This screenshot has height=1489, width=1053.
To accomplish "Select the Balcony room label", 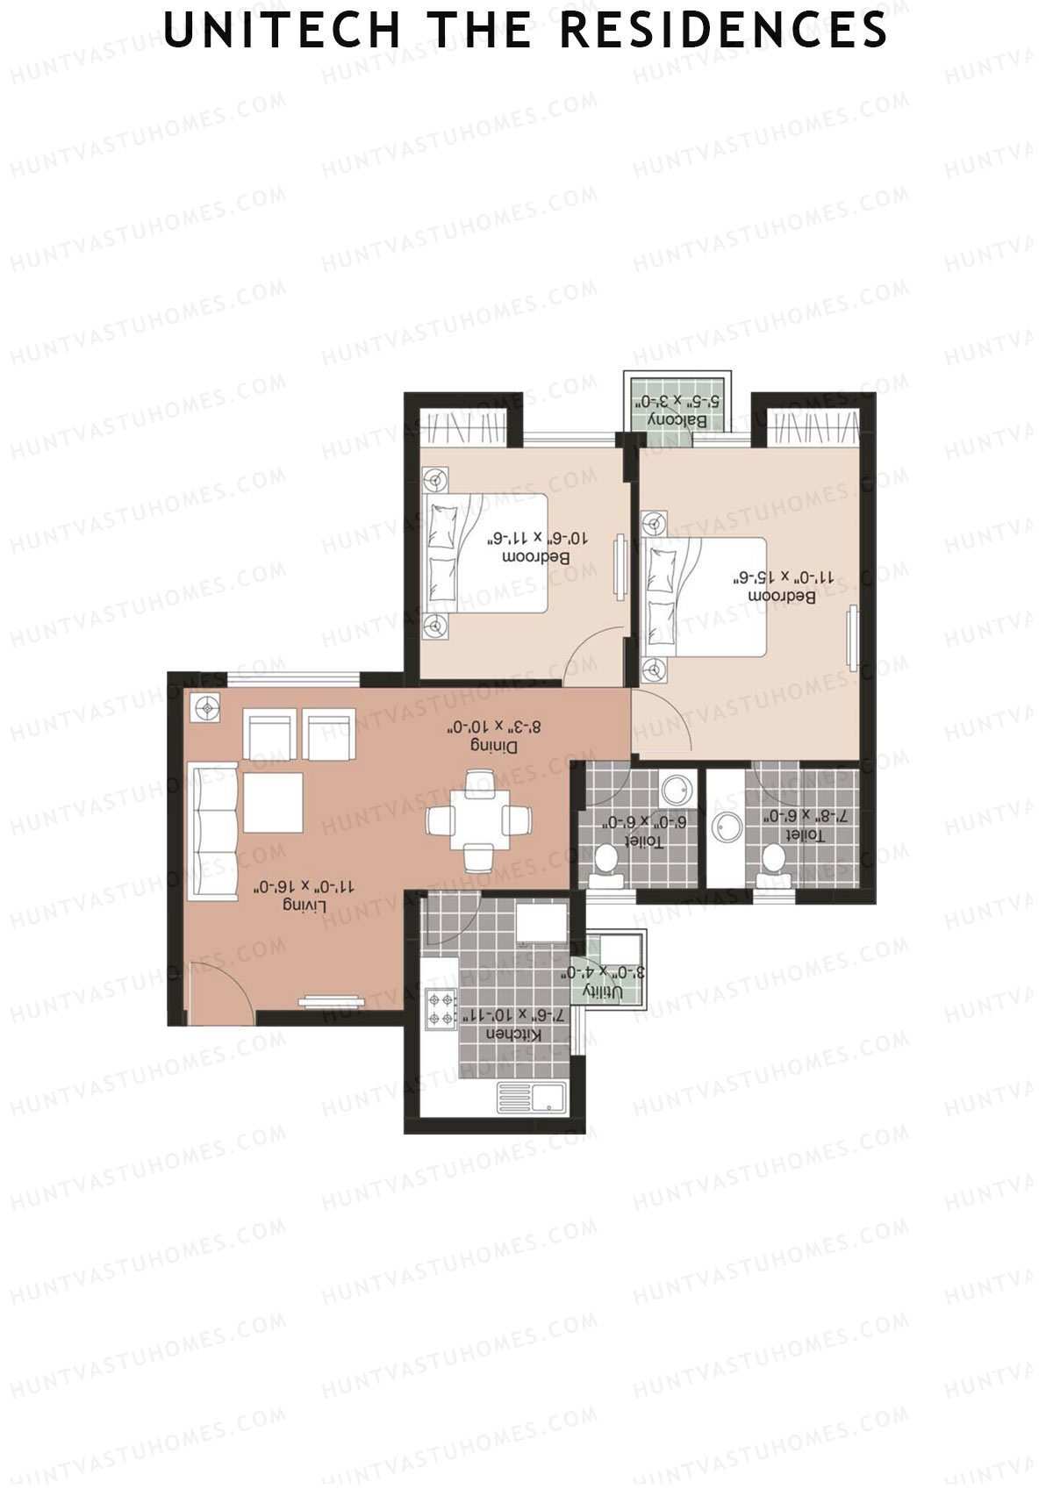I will click(677, 420).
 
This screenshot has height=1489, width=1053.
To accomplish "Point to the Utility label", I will click(603, 991).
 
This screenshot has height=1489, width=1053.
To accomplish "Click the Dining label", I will click(494, 747).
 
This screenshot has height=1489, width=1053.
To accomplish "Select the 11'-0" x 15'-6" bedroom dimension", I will click(784, 577).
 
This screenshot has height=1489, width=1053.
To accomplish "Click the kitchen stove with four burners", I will click(440, 1008).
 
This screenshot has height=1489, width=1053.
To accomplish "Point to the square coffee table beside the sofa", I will click(273, 802).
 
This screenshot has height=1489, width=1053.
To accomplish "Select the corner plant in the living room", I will click(208, 707).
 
